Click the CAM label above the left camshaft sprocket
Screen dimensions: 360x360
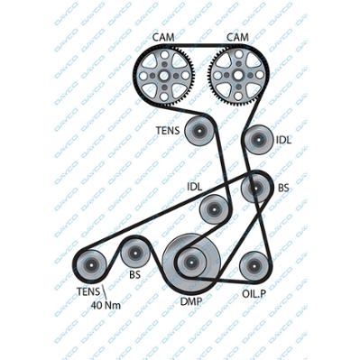click(x=163, y=37)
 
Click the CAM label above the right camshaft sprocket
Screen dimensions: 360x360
click(x=237, y=37)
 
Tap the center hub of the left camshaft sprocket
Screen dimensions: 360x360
click(x=164, y=75)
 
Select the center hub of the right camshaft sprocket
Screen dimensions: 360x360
click(x=238, y=75)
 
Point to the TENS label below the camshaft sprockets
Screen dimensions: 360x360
click(x=168, y=131)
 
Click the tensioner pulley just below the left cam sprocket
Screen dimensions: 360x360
click(x=199, y=132)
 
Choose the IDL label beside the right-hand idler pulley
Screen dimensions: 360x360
click(x=283, y=140)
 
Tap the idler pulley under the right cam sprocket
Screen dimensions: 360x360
click(x=258, y=140)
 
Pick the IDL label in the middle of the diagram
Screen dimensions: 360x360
click(x=195, y=187)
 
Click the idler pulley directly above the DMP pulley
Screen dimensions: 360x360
click(x=214, y=209)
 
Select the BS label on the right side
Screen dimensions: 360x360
click(x=283, y=189)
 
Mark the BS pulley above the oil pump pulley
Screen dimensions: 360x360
click(x=255, y=189)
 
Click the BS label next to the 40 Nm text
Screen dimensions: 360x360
click(x=135, y=274)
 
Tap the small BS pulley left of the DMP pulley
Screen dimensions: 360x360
click(x=134, y=254)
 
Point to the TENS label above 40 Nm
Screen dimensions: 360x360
click(x=88, y=291)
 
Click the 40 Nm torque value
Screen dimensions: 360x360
click(x=106, y=306)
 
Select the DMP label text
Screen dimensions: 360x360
click(x=191, y=301)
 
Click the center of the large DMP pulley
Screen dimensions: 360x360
click(x=191, y=262)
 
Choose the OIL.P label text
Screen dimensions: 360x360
click(x=254, y=294)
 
